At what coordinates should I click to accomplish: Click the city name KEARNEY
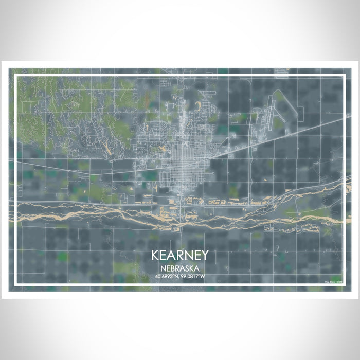tap(179, 256)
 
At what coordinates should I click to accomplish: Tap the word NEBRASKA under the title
tap(179, 268)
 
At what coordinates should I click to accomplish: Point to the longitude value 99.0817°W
tap(193, 277)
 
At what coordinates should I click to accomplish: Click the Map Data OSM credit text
tap(333, 281)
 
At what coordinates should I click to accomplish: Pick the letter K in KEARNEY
tap(155, 256)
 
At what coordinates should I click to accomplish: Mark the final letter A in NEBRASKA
tap(197, 268)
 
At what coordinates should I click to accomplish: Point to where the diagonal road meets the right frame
tap(343, 119)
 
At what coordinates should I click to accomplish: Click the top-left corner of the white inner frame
tap(17, 76)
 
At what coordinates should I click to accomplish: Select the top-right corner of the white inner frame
tap(343, 76)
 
